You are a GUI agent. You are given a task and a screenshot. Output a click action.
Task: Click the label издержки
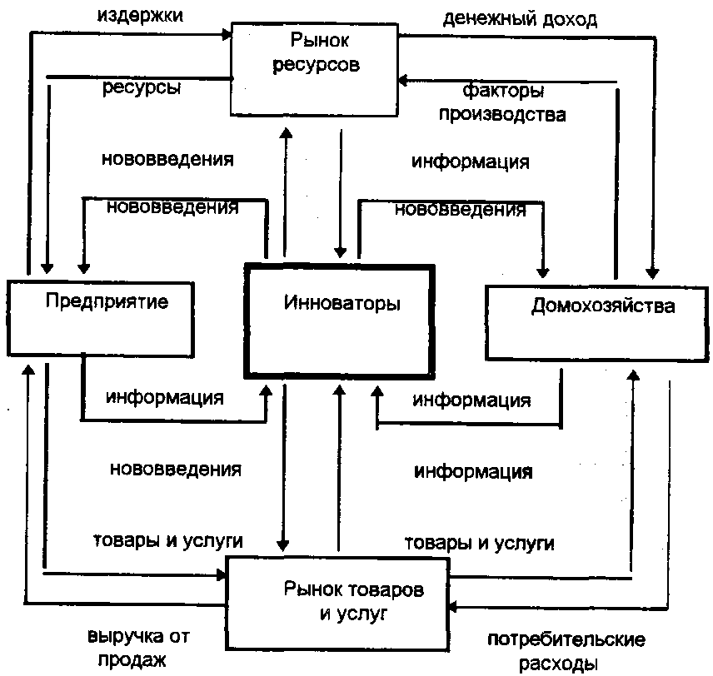(x=140, y=16)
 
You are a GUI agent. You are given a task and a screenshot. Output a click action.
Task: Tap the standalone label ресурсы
(x=142, y=87)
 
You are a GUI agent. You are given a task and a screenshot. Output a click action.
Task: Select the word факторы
(x=503, y=91)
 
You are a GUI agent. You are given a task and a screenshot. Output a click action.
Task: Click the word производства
(x=502, y=114)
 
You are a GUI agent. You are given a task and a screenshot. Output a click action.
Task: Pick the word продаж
(x=132, y=659)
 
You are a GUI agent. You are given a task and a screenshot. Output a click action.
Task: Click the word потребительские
(x=566, y=639)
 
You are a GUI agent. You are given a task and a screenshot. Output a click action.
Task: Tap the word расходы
(x=558, y=664)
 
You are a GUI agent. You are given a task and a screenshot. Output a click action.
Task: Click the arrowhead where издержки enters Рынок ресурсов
(x=227, y=33)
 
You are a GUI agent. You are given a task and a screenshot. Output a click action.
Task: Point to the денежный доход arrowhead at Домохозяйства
(x=652, y=274)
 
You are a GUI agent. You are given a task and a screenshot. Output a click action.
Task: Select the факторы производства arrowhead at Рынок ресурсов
(x=403, y=81)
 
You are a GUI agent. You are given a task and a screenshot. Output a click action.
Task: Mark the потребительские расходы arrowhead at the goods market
(x=453, y=606)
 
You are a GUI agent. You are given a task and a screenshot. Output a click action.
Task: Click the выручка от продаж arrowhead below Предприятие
(x=28, y=369)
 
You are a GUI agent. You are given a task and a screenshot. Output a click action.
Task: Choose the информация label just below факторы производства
(x=471, y=162)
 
